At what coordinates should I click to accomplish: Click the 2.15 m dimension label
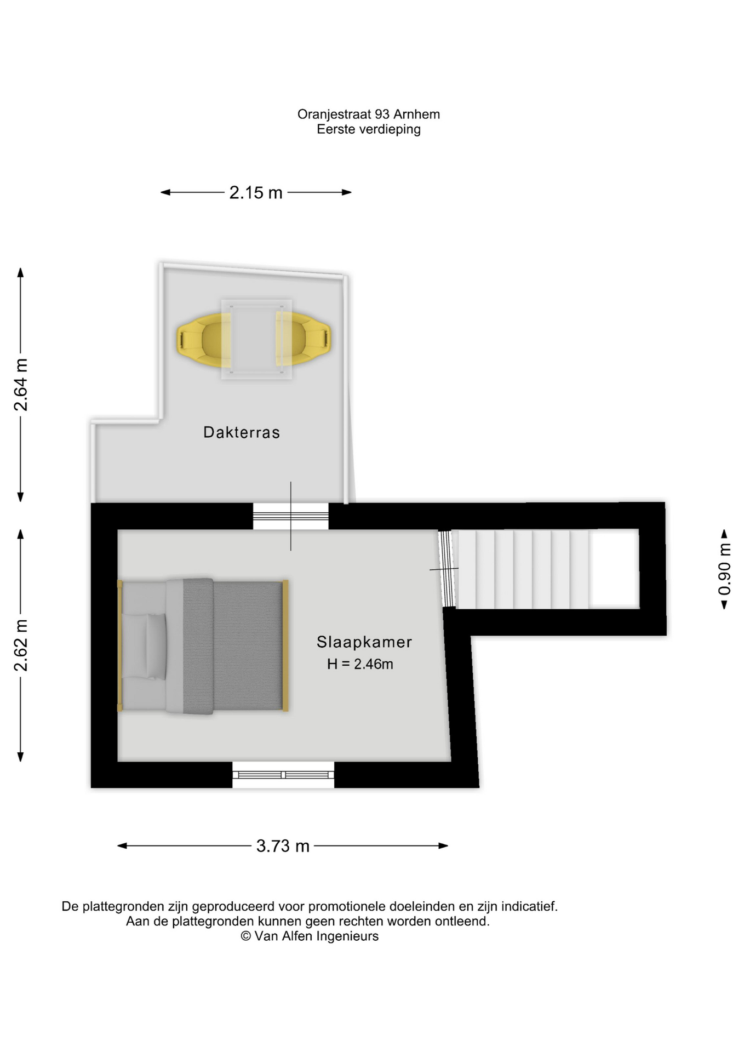click(x=256, y=192)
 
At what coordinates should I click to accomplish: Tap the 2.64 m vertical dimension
click(x=21, y=385)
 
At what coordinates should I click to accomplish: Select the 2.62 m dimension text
click(x=21, y=645)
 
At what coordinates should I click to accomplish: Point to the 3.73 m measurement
click(x=283, y=845)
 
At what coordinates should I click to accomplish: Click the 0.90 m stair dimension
click(x=724, y=569)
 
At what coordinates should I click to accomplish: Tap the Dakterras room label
click(x=242, y=432)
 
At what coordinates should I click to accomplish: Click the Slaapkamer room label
click(x=364, y=642)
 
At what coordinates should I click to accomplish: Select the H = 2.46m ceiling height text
click(x=360, y=664)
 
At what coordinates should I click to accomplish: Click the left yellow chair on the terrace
click(x=204, y=340)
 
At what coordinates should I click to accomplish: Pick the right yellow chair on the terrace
click(x=303, y=339)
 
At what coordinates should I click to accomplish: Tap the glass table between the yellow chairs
click(x=256, y=339)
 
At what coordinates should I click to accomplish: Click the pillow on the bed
click(x=156, y=647)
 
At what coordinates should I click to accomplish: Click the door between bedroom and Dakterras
click(x=290, y=516)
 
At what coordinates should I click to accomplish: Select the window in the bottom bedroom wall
click(x=283, y=775)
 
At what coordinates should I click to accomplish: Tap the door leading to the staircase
click(x=448, y=569)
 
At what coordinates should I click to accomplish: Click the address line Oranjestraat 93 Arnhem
click(x=369, y=115)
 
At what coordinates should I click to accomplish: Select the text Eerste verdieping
click(x=369, y=130)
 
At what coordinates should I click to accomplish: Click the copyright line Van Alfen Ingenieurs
click(x=310, y=936)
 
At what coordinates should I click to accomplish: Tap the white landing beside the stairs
click(x=614, y=569)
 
